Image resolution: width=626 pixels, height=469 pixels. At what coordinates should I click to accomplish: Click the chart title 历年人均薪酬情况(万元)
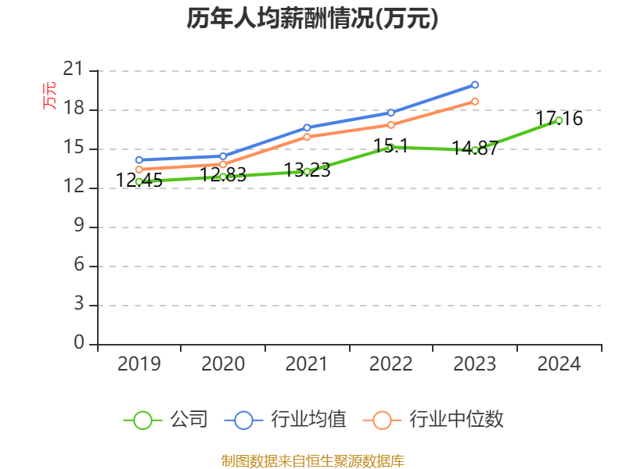[x=312, y=19]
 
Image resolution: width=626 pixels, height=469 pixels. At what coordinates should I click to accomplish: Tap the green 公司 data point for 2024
[x=559, y=120]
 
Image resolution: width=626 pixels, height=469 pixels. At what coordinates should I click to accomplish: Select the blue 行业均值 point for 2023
[x=475, y=84]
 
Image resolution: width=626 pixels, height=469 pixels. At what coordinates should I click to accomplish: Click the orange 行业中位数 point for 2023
[x=475, y=102]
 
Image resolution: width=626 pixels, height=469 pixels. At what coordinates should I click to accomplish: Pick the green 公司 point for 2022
[x=390, y=147]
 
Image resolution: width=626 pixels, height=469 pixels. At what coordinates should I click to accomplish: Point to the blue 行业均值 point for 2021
[x=307, y=127]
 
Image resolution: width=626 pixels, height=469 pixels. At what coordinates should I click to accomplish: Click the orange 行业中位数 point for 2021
[x=307, y=137]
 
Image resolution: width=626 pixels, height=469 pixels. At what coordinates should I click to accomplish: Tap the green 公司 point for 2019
[x=139, y=181]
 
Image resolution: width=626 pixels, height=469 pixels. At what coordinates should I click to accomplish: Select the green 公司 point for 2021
[x=307, y=171]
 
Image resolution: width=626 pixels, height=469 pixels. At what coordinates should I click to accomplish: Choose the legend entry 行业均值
[x=286, y=420]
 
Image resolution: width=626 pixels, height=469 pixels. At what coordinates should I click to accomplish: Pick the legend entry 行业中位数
[x=434, y=420]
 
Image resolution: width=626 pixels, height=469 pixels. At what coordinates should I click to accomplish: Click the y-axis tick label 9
[x=78, y=227]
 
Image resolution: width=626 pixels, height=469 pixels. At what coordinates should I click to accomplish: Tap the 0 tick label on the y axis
[x=78, y=344]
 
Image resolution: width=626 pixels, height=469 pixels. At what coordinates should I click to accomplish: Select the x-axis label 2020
[x=223, y=364]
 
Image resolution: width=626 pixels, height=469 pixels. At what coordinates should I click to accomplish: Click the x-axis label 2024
[x=559, y=364]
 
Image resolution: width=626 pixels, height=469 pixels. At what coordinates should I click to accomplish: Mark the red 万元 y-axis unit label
[x=49, y=95]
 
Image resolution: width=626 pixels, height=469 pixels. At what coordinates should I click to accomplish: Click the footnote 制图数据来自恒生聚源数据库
[x=312, y=460]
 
